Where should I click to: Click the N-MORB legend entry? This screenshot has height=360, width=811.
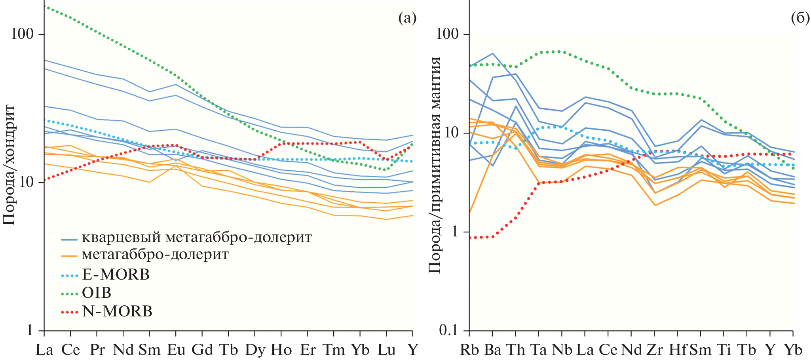click(x=117, y=311)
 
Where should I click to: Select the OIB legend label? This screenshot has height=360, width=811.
click(x=97, y=293)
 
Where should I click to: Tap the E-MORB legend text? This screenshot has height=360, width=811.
click(x=116, y=274)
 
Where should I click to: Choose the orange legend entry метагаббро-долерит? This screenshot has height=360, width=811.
click(x=155, y=254)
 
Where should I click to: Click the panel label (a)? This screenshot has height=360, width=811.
click(x=407, y=18)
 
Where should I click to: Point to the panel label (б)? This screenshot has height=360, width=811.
click(x=800, y=18)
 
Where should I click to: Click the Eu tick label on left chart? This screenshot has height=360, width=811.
click(x=176, y=350)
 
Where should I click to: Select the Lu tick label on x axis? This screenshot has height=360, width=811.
click(x=387, y=350)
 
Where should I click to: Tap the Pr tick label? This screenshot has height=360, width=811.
click(x=97, y=350)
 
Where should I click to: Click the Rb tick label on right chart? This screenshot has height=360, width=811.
click(x=469, y=350)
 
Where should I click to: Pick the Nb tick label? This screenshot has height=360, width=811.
click(x=562, y=350)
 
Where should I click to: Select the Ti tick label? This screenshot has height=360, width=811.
click(x=724, y=350)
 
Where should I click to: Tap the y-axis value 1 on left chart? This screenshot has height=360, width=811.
click(x=30, y=330)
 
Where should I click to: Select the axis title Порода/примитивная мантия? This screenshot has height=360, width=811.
click(x=435, y=165)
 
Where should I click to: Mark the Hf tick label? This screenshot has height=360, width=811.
click(x=678, y=350)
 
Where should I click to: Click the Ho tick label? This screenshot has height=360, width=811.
click(x=281, y=350)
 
